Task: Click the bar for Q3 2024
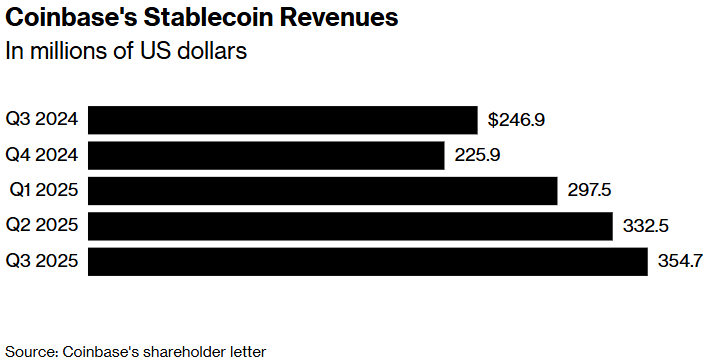(283, 120)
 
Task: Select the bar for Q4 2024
(267, 155)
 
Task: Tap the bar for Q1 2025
(323, 190)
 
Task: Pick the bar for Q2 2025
(351, 226)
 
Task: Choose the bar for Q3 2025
(368, 261)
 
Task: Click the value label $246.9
(516, 120)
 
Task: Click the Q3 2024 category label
(42, 120)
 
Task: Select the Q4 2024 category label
(42, 155)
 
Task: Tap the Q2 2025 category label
(42, 226)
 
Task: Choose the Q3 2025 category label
(42, 261)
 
